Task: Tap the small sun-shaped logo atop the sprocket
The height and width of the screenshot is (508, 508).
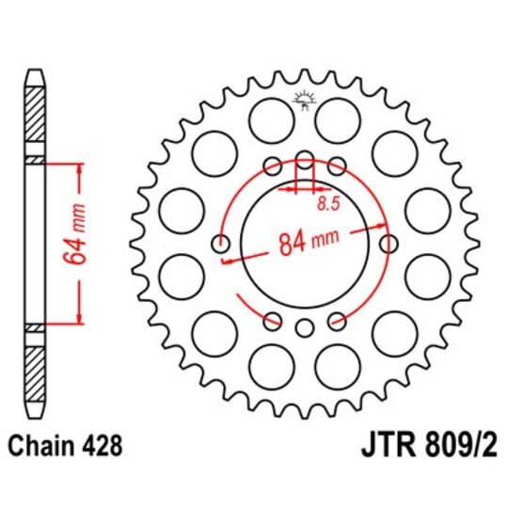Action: click(x=304, y=97)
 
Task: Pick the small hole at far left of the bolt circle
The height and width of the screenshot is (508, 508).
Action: click(x=223, y=245)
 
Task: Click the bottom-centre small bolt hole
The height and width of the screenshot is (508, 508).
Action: click(x=304, y=328)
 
